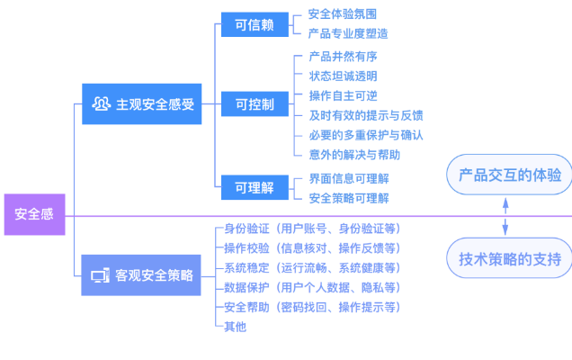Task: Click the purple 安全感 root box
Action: tap(34, 214)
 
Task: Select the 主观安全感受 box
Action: tap(141, 104)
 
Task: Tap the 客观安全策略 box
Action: tap(141, 275)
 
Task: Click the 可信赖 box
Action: tap(255, 24)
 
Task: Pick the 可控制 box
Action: tap(255, 104)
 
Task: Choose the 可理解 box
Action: tap(255, 187)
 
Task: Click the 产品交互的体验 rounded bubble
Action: tap(509, 175)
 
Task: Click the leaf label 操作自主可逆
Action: tap(343, 95)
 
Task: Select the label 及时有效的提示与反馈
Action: tap(365, 115)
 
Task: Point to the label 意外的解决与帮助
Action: tap(354, 154)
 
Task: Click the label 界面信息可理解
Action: tap(349, 178)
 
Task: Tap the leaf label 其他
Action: tap(235, 326)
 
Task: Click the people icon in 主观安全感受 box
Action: tap(101, 104)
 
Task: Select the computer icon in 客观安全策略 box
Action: tap(101, 275)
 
